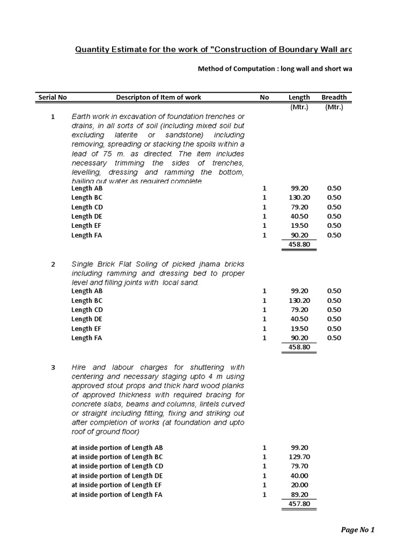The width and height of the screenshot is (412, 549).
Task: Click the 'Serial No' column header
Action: click(53, 97)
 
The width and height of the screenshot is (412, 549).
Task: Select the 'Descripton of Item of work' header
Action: click(159, 97)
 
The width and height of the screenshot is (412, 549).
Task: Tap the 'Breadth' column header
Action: click(334, 97)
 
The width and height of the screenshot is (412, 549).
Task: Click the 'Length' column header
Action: click(299, 97)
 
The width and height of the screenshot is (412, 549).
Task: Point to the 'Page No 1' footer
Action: click(358, 530)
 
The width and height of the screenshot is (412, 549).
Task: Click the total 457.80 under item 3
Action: click(299, 505)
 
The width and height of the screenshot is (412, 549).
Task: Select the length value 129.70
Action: click(299, 457)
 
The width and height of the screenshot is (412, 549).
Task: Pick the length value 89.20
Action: click(299, 495)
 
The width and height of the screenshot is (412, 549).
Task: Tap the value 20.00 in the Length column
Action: click(299, 485)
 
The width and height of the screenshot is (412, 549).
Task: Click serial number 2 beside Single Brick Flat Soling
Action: click(53, 264)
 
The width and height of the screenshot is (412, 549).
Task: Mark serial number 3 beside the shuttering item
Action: click(53, 367)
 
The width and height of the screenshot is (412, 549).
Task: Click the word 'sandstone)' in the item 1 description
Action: click(189, 135)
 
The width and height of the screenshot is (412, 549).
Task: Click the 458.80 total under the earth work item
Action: click(299, 244)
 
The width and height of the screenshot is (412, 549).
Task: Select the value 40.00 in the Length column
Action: click(299, 476)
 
